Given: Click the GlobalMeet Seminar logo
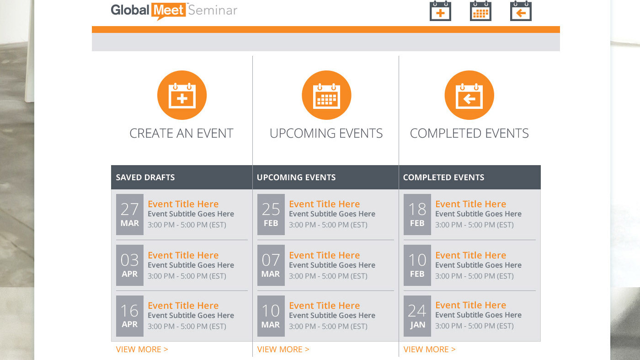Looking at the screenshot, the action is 174,11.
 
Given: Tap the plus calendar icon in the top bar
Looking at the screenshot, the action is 440,11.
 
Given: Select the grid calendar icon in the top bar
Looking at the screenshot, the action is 480,11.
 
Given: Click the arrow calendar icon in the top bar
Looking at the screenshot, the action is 521,11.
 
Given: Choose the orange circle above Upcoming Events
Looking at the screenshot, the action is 326,95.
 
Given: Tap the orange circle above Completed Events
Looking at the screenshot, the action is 469,95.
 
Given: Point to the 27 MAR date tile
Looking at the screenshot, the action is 130,215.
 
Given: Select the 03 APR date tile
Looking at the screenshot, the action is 130,265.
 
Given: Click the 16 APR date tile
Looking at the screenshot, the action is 130,316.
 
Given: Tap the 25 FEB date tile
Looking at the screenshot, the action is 271,215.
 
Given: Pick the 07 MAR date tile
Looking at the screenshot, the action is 271,265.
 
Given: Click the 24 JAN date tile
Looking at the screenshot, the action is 417,316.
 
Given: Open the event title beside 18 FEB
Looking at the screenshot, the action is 470,204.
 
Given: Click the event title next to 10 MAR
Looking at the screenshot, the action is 324,306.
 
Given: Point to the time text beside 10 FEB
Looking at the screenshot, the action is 475,276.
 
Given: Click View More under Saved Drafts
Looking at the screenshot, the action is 142,349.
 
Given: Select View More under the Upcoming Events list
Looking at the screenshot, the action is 283,349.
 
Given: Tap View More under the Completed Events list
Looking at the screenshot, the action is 429,349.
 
